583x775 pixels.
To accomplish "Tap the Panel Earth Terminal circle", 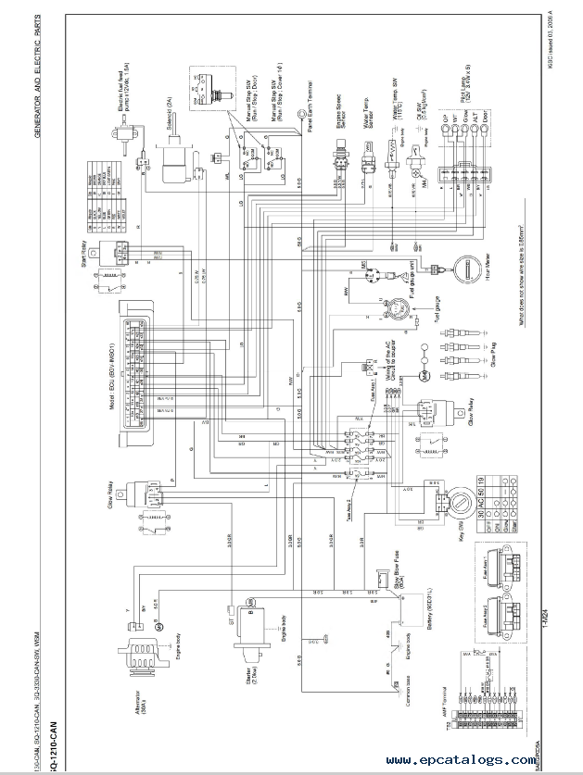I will click(301, 114).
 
